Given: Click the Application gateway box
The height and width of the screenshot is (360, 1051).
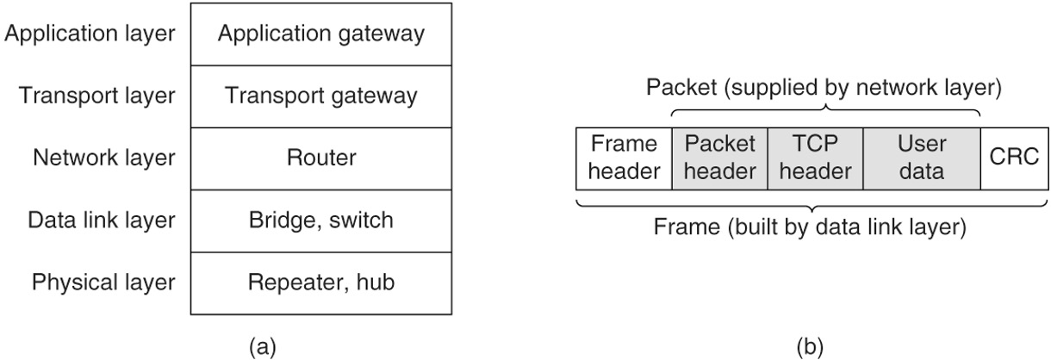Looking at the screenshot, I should [320, 34].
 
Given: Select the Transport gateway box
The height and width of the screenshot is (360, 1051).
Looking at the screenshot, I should [320, 96].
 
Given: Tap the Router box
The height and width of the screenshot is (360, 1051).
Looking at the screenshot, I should [320, 158].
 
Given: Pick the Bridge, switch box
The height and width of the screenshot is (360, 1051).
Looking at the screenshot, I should [320, 220].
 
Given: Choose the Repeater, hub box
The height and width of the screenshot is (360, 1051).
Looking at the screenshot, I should [320, 282].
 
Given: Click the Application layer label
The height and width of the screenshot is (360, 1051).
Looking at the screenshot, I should [90, 34].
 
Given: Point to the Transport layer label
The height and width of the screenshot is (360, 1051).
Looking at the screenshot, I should [96, 96].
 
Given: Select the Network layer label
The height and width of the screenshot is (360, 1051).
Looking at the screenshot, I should [103, 158].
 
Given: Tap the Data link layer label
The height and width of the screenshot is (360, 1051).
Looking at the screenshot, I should [100, 220].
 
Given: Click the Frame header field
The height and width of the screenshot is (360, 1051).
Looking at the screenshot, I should [623, 158].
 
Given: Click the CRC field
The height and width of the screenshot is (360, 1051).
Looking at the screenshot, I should [1009, 158].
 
